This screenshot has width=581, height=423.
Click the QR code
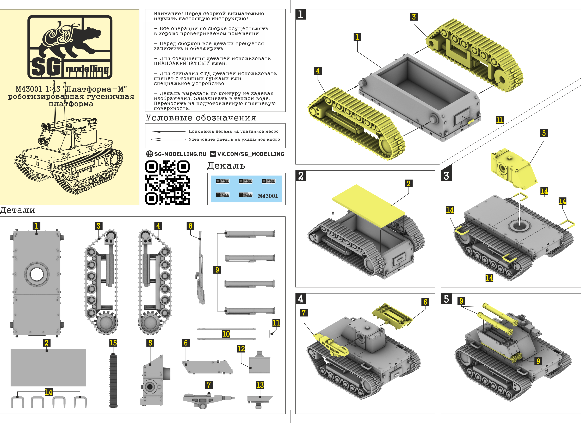(167, 182)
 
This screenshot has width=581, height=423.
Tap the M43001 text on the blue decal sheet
(268, 196)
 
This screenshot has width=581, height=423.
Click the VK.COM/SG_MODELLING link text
(251, 154)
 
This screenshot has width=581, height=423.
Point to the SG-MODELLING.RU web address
(180, 154)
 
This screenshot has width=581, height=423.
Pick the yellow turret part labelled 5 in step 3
(512, 169)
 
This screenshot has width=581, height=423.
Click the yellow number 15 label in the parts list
(113, 343)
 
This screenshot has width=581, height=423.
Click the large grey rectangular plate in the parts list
(48, 368)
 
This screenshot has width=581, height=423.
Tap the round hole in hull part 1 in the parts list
(37, 274)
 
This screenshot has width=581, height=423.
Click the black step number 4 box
(301, 299)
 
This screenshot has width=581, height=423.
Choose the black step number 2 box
(301, 176)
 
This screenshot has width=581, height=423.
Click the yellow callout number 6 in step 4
(425, 302)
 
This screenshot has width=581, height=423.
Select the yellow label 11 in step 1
(499, 120)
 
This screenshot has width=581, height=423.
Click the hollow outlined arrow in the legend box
(168, 140)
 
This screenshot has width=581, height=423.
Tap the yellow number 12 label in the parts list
(241, 349)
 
